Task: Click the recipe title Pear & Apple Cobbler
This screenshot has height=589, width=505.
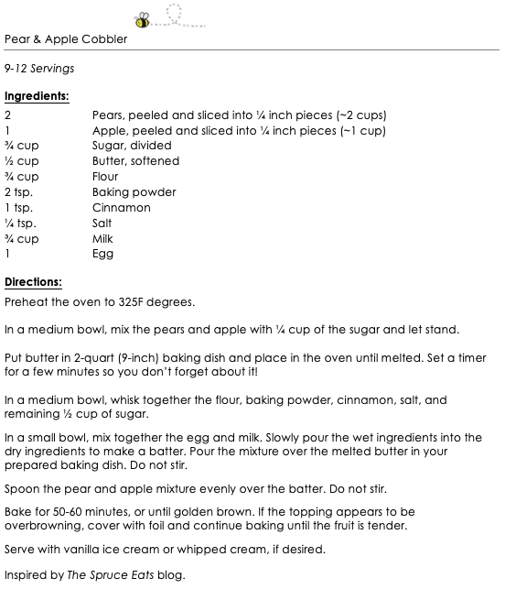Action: point(66,39)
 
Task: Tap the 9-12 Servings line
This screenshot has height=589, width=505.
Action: point(39,68)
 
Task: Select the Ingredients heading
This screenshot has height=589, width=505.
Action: point(37,95)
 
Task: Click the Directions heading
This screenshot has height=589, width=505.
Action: point(33,282)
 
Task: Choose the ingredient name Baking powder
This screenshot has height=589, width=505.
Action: point(134,192)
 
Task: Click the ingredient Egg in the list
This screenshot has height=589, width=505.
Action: point(103,254)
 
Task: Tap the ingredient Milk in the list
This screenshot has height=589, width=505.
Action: point(103,238)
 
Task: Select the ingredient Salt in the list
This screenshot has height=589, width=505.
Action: point(102,223)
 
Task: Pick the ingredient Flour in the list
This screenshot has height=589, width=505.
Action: point(106,177)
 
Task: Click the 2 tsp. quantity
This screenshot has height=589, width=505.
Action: point(19,192)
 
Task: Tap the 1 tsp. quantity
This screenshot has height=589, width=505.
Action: point(19,208)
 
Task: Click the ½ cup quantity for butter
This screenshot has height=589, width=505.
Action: point(22,161)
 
